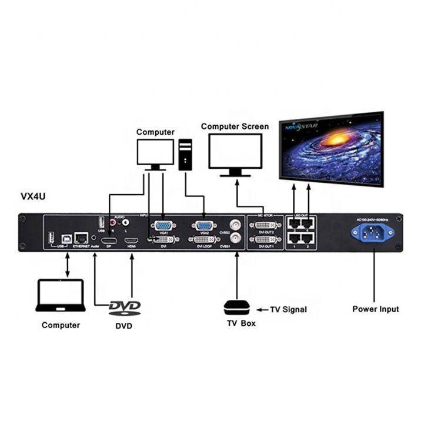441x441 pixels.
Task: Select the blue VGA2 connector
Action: (204, 225)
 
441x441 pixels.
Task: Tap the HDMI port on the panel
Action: (132, 241)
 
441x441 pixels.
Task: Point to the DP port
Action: (109, 241)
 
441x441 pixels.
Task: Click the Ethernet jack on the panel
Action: (82, 238)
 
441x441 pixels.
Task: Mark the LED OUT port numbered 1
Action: (293, 238)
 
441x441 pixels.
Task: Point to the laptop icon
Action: (60, 296)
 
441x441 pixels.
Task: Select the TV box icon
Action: (237, 308)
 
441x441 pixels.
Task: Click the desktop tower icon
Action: (186, 155)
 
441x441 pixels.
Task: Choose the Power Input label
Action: (375, 309)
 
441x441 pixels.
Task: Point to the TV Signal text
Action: (288, 309)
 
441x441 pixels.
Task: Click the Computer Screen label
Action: (235, 126)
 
